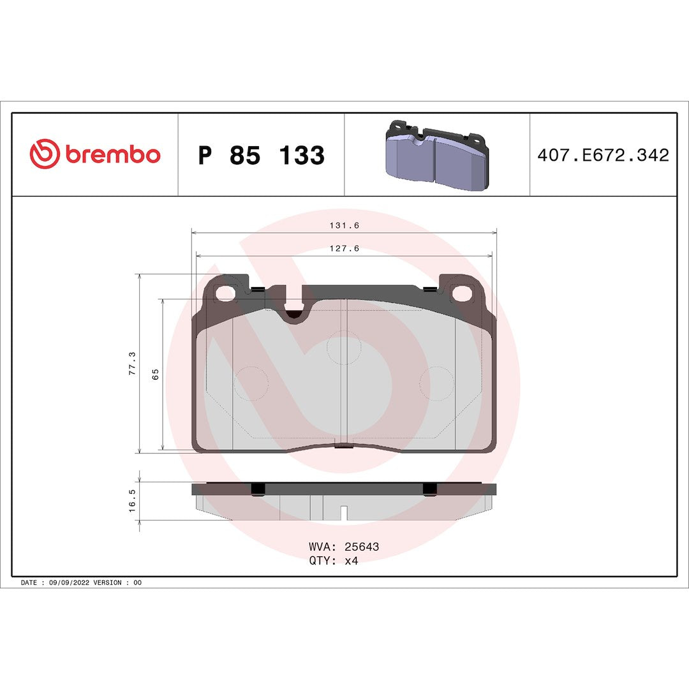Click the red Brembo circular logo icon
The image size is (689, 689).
coord(45,155)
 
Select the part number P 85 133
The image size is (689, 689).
coord(261,156)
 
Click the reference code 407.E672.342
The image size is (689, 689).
coord(603,155)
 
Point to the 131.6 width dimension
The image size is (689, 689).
coord(344,225)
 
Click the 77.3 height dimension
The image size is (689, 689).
coord(132,363)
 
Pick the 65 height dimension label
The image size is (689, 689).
coord(155,374)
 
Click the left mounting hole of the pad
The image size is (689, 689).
coord(225,293)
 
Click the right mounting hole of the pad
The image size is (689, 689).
coord(461,293)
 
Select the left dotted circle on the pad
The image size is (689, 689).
coord(251,383)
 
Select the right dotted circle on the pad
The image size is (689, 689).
coord(436,383)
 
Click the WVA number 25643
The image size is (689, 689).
coord(362,547)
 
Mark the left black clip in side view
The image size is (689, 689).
coord(258,489)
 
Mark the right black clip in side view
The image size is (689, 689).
coord(430,489)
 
